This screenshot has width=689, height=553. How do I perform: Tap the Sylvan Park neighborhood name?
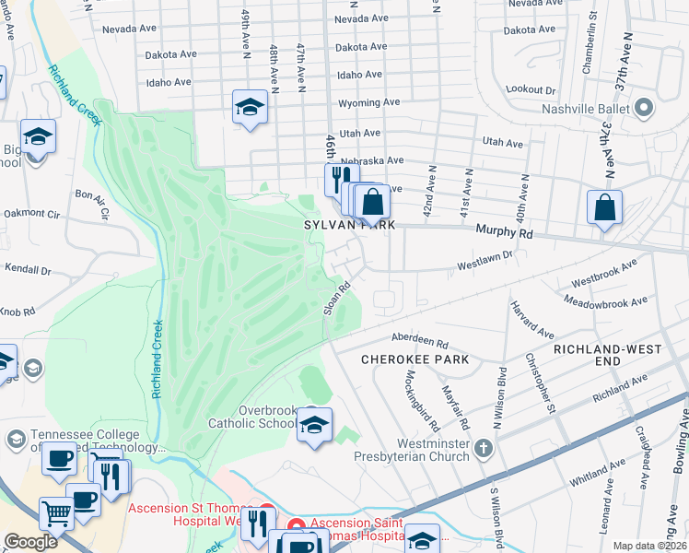click(x=350, y=225)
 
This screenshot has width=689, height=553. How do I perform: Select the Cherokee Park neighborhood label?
click(x=415, y=359)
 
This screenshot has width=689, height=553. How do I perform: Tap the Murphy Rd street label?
click(x=504, y=233)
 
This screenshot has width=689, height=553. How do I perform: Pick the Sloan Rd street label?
click(x=338, y=299)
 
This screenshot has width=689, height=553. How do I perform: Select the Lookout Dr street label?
click(x=531, y=90)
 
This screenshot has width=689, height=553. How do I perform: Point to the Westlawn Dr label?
click(x=485, y=267)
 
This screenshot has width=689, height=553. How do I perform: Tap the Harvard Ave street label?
click(x=532, y=319)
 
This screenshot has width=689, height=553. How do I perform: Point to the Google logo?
click(x=30, y=542)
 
